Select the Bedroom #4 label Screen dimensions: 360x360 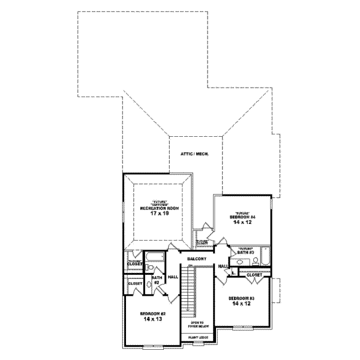242,216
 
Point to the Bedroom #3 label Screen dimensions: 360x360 242,299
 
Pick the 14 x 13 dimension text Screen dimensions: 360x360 153,320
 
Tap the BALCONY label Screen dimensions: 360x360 196,259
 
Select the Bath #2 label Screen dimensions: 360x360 157,280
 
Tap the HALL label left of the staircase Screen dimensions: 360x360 173,277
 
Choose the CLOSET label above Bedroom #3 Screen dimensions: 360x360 254,275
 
